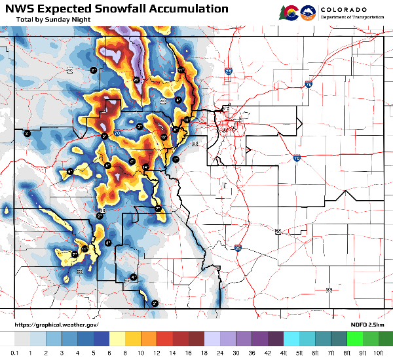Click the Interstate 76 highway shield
pyautogui.click(x=308, y=84)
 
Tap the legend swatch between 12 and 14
pyautogui.click(x=166, y=339)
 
